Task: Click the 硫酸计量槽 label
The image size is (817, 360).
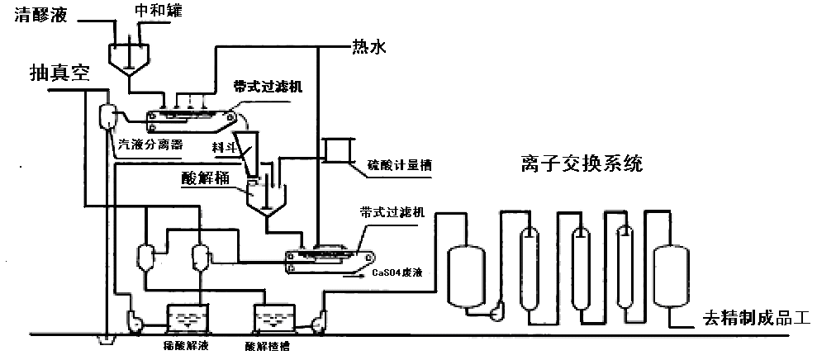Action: (400, 164)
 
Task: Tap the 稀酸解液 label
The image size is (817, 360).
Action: (188, 345)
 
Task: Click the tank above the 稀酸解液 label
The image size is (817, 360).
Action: (188, 318)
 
